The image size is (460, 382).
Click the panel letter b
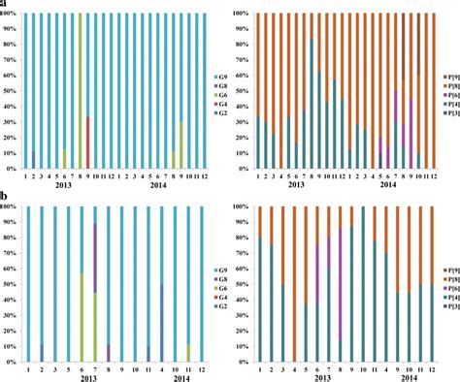[4, 197]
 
